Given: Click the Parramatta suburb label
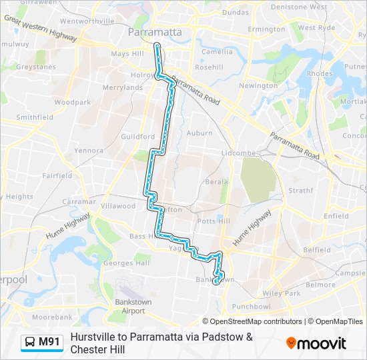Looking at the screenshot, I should [153, 32].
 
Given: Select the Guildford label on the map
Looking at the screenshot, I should [138, 136].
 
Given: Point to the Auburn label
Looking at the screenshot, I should [200, 133].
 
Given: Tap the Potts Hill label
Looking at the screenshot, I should [214, 221].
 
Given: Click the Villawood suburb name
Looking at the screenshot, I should [117, 206].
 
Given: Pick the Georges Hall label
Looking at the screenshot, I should [127, 263].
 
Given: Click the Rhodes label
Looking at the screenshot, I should [320, 73].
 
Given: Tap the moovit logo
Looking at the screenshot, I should [316, 343].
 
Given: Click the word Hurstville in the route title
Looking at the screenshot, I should [94, 337].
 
